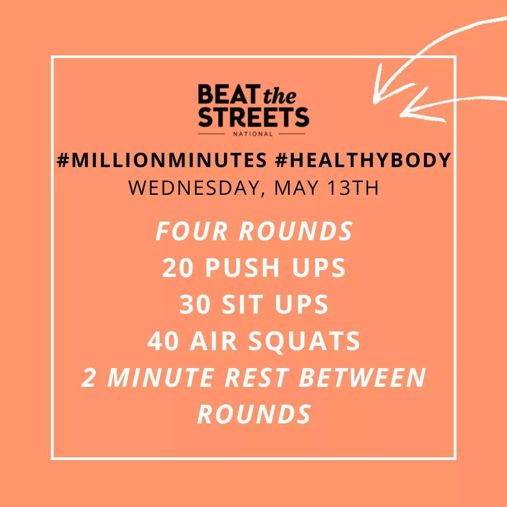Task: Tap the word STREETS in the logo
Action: (253, 117)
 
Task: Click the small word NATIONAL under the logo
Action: (253, 133)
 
